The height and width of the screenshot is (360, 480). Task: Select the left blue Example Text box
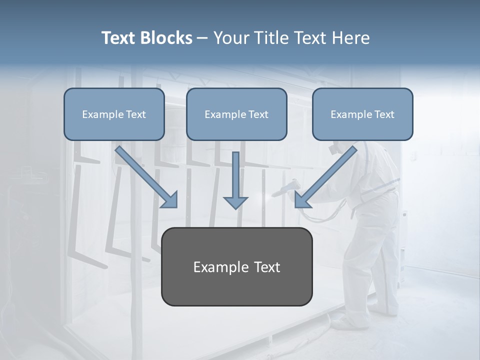114,114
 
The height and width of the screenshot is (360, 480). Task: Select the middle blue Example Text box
236,114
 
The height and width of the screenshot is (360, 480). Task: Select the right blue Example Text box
362,114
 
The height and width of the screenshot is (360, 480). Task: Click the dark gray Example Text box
236,266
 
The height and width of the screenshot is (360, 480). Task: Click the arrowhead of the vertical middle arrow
235,202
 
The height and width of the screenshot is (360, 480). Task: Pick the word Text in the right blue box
384,114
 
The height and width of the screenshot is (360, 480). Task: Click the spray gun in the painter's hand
290,187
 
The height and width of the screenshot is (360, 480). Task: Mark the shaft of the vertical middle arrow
235,172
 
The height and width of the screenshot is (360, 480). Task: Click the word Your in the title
230,38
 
